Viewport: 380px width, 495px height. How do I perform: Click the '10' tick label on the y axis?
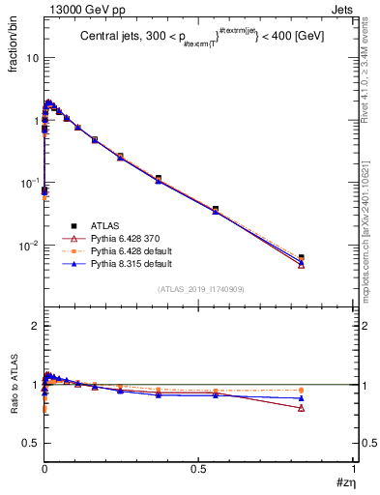point(32,58)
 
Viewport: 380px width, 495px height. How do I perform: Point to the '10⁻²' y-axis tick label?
point(28,246)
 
